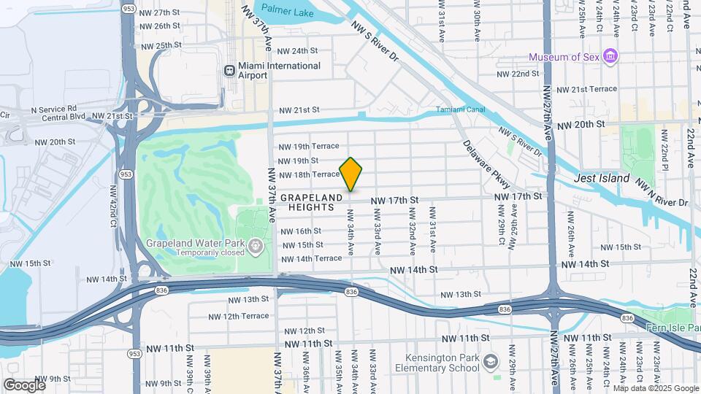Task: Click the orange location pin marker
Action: [350, 174]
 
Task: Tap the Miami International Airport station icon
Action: [229, 70]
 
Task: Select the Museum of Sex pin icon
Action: [612, 57]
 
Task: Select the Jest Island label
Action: [602, 178]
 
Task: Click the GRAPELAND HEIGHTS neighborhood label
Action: [311, 203]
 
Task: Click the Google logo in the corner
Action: [24, 385]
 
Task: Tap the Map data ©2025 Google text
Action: [656, 388]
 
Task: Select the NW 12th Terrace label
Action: [238, 316]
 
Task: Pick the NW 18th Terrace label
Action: [310, 174]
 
